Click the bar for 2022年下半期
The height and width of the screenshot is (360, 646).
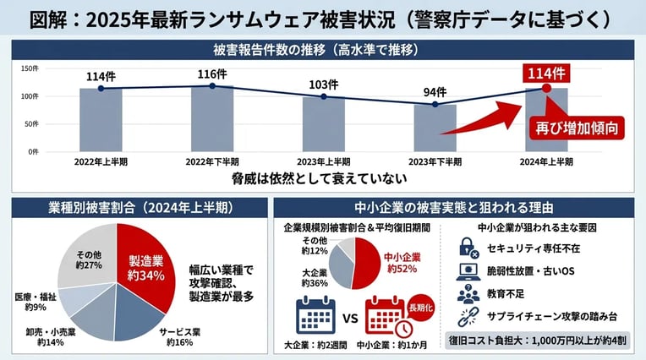click(x=211, y=117)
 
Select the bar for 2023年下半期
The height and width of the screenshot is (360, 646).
click(x=434, y=128)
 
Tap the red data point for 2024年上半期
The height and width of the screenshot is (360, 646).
click(x=545, y=87)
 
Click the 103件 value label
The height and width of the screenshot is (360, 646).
click(x=322, y=85)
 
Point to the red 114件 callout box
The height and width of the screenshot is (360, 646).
click(x=545, y=71)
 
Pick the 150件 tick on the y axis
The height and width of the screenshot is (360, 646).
click(x=29, y=68)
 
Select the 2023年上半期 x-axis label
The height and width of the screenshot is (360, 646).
click(x=322, y=161)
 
